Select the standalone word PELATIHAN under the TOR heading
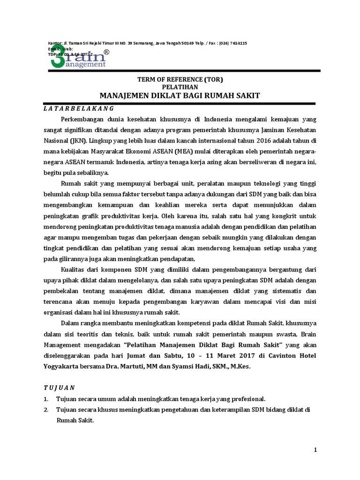coord(180,87)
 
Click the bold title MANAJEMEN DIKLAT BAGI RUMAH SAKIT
coord(180,96)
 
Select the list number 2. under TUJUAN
coord(46,410)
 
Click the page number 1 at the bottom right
coord(315,450)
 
